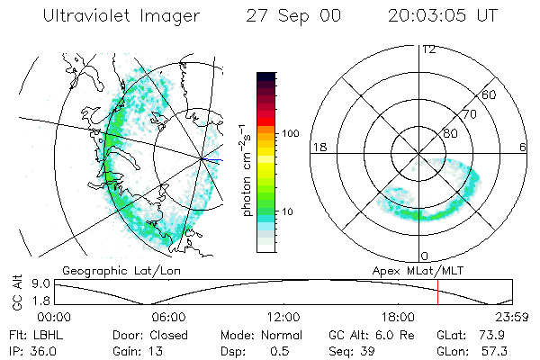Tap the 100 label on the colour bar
[290, 133]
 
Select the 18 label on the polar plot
[318, 147]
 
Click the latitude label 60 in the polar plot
[490, 94]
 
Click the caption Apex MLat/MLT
[414, 270]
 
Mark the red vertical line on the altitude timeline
[437, 292]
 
